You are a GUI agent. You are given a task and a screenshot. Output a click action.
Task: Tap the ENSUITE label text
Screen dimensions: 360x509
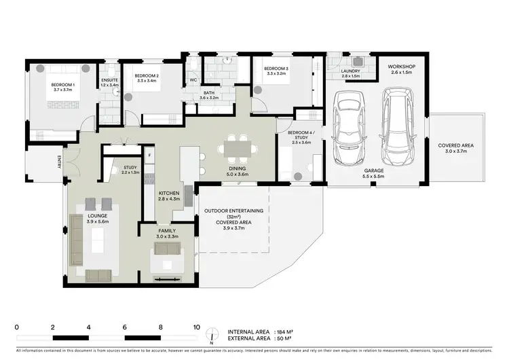pyautogui.click(x=109, y=81)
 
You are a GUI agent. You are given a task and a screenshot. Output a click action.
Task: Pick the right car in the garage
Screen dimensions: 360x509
pyautogui.click(x=399, y=126)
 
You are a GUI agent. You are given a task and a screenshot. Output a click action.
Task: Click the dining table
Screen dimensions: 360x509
pyautogui.click(x=238, y=146)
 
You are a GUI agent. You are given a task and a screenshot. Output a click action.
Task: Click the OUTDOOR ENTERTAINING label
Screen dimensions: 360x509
pyautogui.click(x=234, y=211)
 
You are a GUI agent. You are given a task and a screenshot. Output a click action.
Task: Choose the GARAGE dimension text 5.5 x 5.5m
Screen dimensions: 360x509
pyautogui.click(x=373, y=176)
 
